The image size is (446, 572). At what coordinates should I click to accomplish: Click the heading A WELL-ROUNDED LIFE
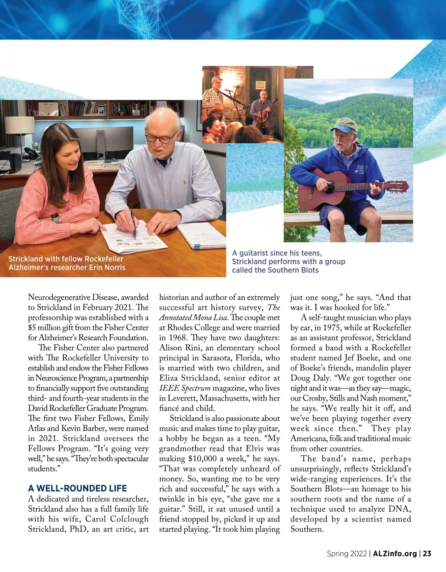(77, 488)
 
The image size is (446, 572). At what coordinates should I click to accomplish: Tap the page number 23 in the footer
(427, 553)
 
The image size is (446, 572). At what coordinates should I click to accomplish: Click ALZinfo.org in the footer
(395, 553)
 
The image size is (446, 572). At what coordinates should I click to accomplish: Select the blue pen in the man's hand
(133, 223)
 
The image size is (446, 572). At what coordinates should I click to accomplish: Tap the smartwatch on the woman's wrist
(55, 218)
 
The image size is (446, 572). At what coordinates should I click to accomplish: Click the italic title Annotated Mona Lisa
(193, 318)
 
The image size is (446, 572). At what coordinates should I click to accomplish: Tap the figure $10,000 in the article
(203, 459)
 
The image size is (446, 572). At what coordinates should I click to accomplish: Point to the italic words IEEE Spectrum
(185, 388)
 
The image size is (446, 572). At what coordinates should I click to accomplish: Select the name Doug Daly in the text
(310, 378)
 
